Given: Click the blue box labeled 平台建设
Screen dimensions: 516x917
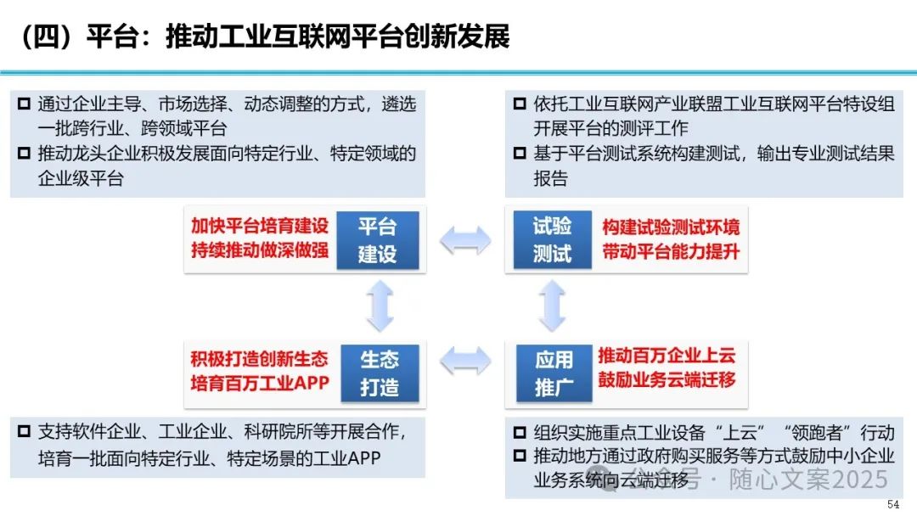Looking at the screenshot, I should pos(378,240).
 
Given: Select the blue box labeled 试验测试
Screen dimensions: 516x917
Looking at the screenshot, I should pos(552,240).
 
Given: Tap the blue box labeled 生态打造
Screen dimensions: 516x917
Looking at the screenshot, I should pos(379,373).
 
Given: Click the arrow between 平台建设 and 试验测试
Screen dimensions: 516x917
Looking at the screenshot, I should pos(464,240).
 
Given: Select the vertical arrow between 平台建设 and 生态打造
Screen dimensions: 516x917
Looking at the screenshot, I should pos(379,306).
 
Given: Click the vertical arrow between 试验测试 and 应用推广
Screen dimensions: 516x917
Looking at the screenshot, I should pos(553,306).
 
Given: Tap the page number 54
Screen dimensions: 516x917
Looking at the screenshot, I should pos(893,504).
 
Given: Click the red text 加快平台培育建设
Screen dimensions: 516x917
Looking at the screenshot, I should pos(259,227).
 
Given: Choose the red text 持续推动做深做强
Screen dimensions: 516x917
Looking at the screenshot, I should pos(259,253).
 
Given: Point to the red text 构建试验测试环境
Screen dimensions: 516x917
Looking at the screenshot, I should pos(671,227).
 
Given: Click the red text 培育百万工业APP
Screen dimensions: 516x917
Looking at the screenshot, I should pos(259,383).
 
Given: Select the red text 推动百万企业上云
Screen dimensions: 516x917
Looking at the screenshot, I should pos(667,355).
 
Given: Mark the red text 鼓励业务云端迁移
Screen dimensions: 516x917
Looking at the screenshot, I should pos(667,380).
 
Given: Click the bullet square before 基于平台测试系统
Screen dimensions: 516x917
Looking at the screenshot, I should pos(520,154).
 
